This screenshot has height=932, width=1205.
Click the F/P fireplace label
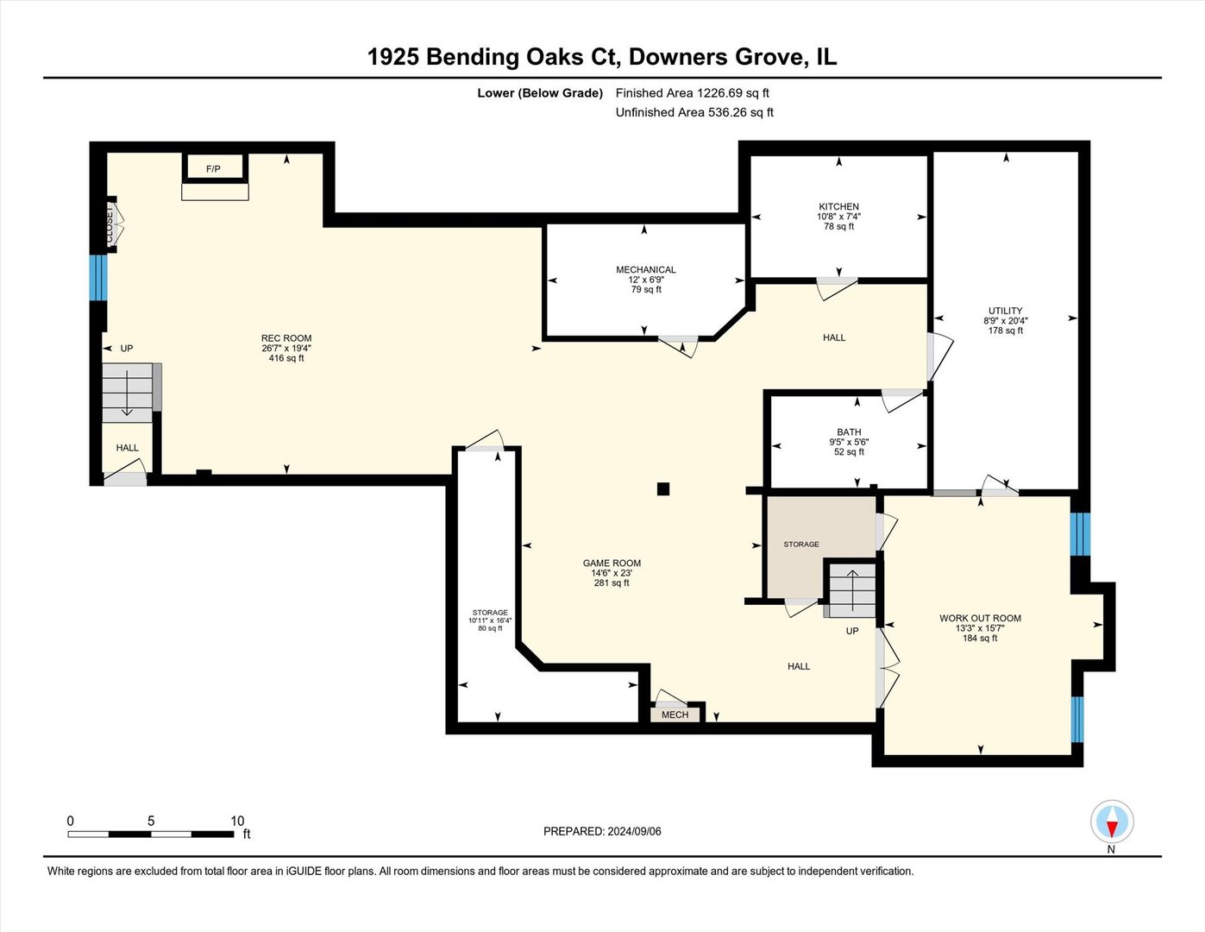point(213,169)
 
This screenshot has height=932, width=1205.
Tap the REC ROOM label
point(286,338)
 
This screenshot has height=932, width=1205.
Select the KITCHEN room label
point(838,207)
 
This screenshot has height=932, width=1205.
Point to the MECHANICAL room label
point(645,270)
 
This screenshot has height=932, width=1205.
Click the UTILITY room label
point(1005,311)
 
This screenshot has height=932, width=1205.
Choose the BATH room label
point(849,432)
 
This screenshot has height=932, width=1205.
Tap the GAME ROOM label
point(612,564)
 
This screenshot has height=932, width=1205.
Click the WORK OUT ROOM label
point(980,619)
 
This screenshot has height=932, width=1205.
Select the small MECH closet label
point(675,715)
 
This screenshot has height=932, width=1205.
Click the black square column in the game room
point(662,489)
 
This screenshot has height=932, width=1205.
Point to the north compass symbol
point(1112,822)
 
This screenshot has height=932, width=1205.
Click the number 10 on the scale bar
point(237,821)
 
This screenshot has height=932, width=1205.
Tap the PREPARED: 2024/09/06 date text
point(602,831)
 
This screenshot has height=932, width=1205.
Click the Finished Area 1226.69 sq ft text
point(692,93)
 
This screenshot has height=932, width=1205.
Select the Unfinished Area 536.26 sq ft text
point(694,112)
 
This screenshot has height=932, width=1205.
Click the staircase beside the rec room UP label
point(129,393)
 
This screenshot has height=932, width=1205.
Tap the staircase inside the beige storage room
point(851,589)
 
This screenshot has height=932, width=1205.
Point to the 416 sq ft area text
point(286,358)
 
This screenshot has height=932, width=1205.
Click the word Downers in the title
point(678,57)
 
